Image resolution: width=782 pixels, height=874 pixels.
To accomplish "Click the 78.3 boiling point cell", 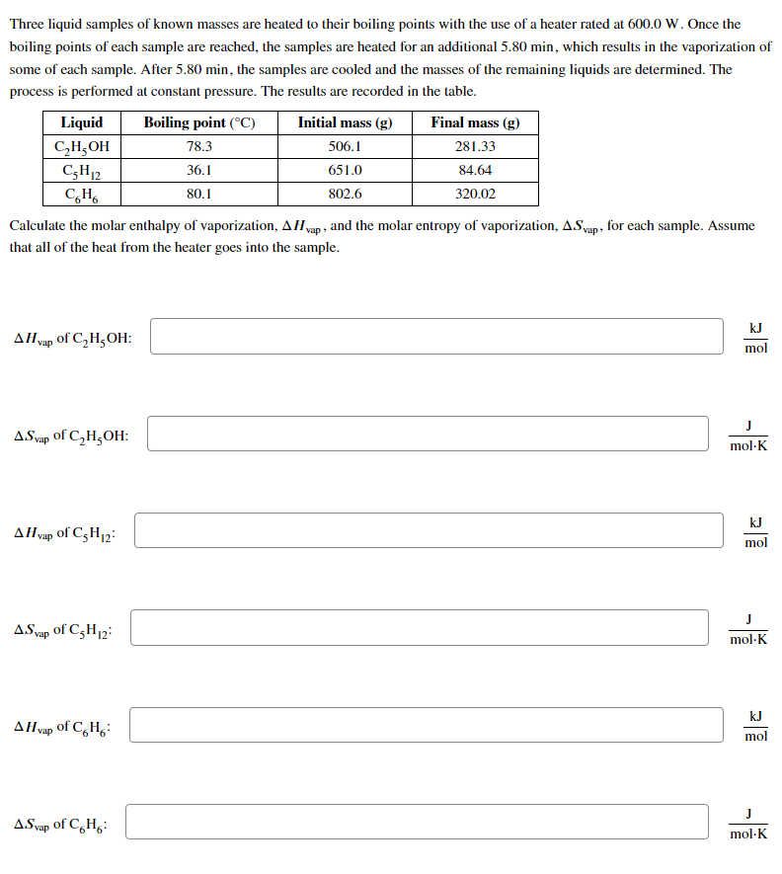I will [x=199, y=146].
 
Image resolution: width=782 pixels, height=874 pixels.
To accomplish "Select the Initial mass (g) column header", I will [x=345, y=122].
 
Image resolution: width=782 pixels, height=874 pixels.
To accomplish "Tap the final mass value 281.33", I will [x=475, y=146].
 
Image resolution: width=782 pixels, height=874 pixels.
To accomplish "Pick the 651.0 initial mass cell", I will [x=345, y=170].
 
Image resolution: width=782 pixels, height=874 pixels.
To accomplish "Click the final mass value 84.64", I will [x=475, y=170].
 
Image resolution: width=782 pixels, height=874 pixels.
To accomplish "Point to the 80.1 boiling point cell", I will [x=199, y=194].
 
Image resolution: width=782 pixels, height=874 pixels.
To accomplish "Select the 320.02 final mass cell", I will [x=475, y=194].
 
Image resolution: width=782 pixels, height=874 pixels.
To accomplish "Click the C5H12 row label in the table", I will [x=81, y=170].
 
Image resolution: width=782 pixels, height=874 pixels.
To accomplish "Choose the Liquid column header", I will [x=81, y=122].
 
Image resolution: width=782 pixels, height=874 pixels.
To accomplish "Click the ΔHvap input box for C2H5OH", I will [x=436, y=337].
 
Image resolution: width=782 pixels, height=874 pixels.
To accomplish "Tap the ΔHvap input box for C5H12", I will [x=429, y=530].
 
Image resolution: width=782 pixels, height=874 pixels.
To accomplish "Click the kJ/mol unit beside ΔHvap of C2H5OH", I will [x=755, y=337].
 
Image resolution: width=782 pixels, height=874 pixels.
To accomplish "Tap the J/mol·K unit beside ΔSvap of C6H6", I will [x=747, y=823].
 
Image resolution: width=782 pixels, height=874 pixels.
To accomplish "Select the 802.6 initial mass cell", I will [x=345, y=194].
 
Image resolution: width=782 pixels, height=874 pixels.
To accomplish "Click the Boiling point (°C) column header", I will [x=199, y=122].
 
